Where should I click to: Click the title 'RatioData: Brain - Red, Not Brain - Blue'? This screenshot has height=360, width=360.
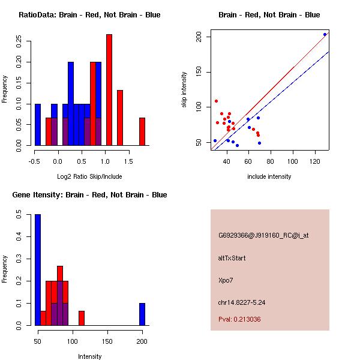(x=89, y=15)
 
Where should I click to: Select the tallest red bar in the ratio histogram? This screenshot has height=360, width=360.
(x=109, y=90)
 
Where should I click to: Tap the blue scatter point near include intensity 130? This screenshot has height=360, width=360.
(x=325, y=34)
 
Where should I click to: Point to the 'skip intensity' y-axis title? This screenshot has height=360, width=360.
(x=185, y=90)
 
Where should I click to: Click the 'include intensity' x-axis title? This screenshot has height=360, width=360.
(x=269, y=176)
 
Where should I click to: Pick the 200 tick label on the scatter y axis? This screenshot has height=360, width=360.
(x=204, y=37)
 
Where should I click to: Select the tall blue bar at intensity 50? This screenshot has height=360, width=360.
(x=38, y=270)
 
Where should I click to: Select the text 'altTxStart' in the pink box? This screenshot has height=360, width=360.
(x=232, y=258)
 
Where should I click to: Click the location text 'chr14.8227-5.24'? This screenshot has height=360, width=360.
(x=241, y=302)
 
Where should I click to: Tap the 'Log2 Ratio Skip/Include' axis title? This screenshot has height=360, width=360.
(x=89, y=177)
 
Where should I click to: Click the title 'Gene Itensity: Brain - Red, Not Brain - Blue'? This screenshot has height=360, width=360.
(x=89, y=195)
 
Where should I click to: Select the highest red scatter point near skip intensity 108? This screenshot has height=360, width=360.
(x=216, y=101)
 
